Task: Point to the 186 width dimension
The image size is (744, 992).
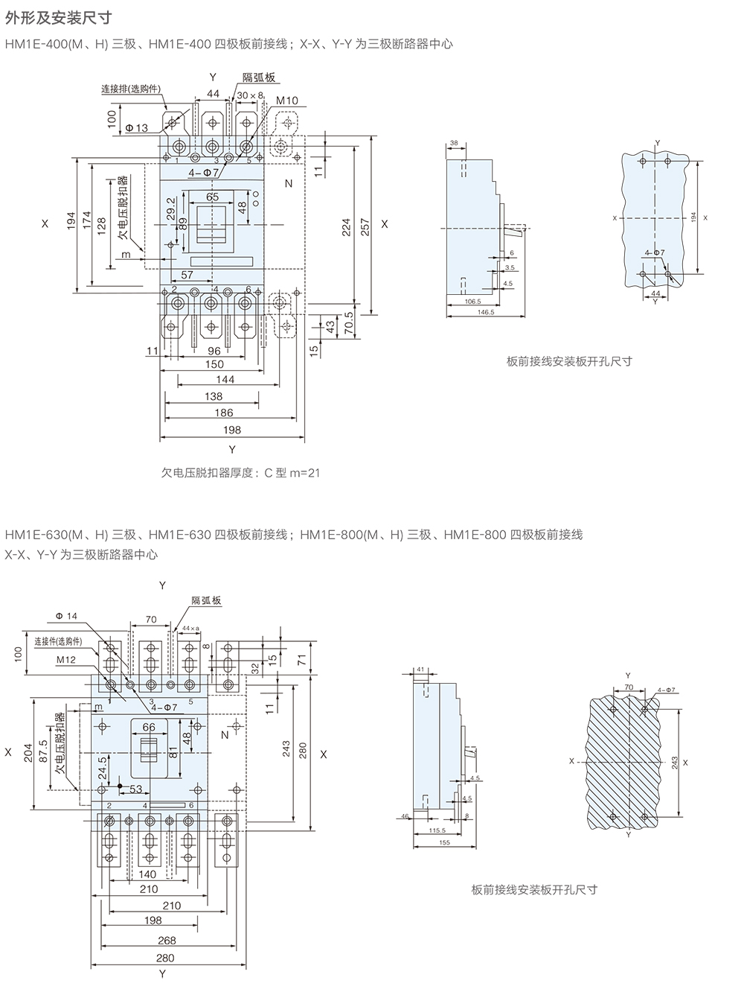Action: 223,413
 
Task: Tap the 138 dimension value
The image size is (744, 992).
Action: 214,396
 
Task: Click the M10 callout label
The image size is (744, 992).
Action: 286,101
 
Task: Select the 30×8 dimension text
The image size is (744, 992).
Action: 251,95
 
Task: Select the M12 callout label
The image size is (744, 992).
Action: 65,660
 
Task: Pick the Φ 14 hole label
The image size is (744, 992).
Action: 66,617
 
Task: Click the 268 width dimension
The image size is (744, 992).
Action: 167,941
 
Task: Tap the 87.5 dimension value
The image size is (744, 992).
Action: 43,753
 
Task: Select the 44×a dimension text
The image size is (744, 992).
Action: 190,629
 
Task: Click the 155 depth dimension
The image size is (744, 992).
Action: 444,842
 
